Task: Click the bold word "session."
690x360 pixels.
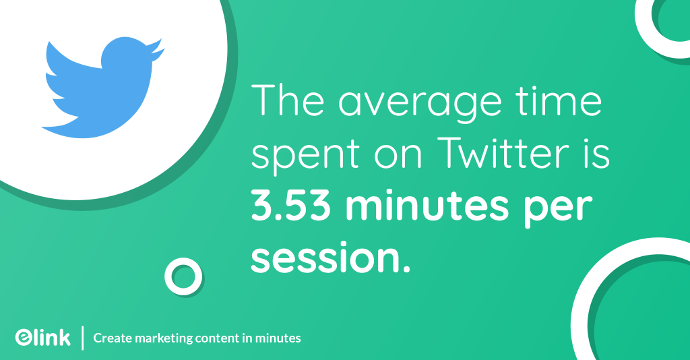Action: point(330,258)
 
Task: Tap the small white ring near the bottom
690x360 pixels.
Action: point(183,276)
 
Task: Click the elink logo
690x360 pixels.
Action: point(42,337)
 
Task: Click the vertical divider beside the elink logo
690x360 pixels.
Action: point(83,338)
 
